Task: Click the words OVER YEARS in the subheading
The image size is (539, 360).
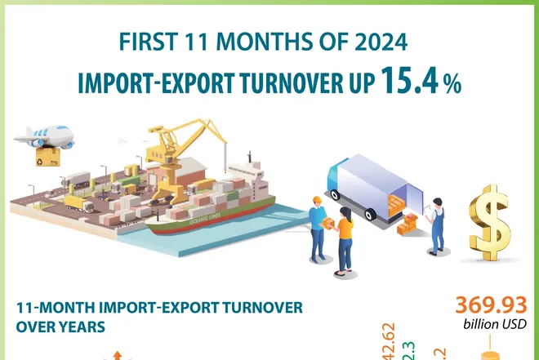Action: (x=61, y=327)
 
